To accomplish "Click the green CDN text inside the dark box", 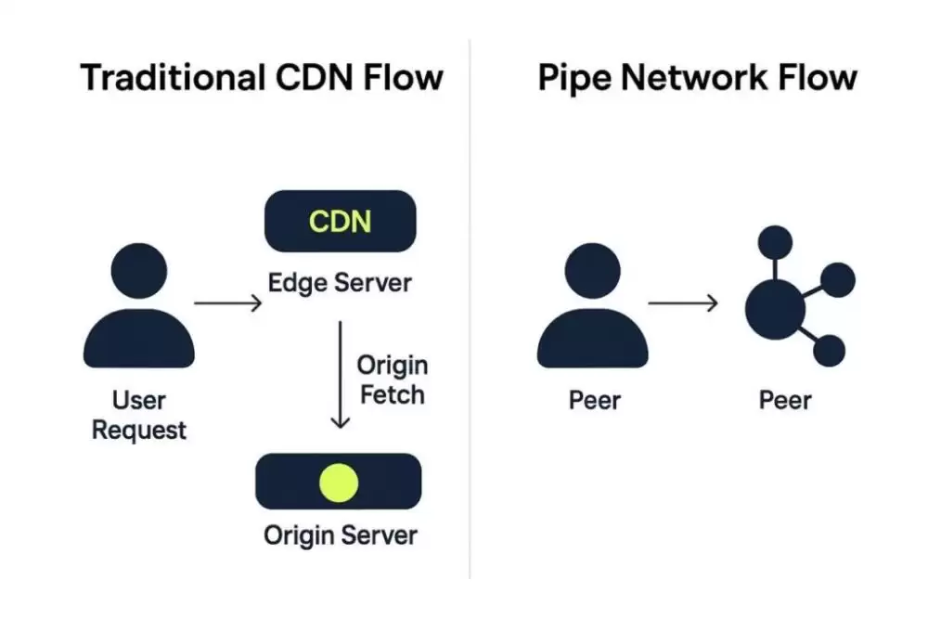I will click(x=340, y=222).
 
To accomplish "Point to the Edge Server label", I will click(x=340, y=282).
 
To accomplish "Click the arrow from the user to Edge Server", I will click(x=227, y=303).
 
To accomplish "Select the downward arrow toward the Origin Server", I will click(x=341, y=375).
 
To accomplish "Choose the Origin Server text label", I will click(x=340, y=535).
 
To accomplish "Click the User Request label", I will click(x=139, y=415).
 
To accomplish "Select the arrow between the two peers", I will click(x=683, y=303).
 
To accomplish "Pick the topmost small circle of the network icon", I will click(x=775, y=243).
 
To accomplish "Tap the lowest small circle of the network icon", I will click(x=829, y=351).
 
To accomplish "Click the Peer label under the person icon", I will click(x=594, y=401).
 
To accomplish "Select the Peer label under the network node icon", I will click(x=785, y=401).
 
